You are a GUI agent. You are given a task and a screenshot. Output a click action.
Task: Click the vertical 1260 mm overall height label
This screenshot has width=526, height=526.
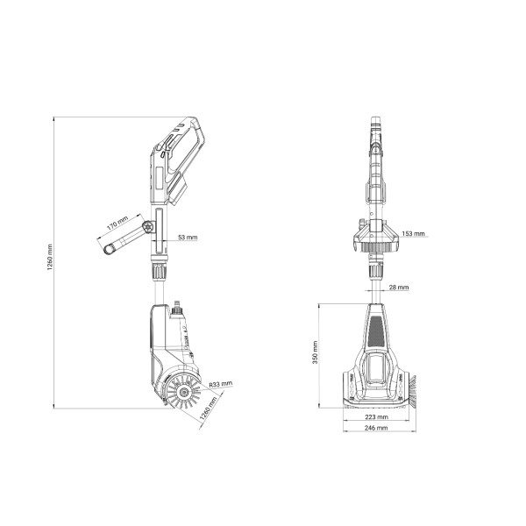click(x=50, y=258)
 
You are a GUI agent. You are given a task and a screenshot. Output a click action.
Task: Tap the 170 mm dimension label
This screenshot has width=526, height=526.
click(x=117, y=223)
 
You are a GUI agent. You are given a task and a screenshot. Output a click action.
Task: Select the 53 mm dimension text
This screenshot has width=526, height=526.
click(x=188, y=238)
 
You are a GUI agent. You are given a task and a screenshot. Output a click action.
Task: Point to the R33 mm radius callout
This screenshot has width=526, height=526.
click(x=220, y=384)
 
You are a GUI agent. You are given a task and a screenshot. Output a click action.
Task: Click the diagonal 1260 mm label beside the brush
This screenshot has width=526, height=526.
click(x=209, y=409)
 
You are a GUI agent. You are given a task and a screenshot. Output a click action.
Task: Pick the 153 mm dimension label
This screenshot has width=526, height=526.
click(x=413, y=233)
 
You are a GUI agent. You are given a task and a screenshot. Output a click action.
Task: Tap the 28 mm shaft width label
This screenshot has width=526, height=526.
click(x=399, y=288)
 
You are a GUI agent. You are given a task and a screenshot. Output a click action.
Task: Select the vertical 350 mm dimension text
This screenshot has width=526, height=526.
click(x=315, y=352)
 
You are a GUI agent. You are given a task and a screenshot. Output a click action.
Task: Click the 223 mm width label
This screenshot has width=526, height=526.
click(x=376, y=417)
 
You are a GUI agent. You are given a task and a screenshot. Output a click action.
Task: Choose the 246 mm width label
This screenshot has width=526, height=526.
click(x=376, y=428)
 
